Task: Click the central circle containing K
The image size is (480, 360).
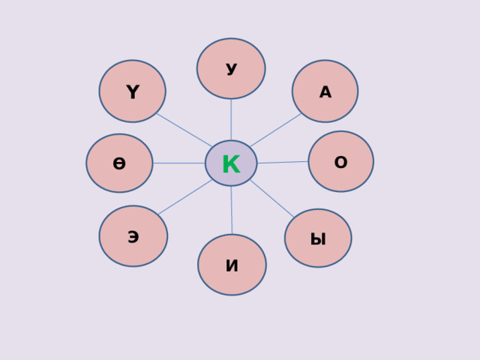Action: point(231,163)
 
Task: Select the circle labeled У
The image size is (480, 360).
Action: point(231,68)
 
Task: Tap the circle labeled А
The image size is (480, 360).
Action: point(325,91)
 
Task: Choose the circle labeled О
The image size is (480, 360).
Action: point(340,161)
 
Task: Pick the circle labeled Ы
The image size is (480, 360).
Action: point(318,238)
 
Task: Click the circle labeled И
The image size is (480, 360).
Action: point(232,265)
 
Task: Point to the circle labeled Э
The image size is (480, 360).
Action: point(133,236)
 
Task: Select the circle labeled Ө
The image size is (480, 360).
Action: point(119,163)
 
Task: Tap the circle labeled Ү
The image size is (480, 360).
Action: point(132,91)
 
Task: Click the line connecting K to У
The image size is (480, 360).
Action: point(231,119)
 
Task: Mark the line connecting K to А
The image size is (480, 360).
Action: point(275,130)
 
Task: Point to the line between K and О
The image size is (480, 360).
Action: point(283,162)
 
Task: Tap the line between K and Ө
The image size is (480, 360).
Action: point(178,163)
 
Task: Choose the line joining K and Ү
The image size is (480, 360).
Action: point(184,130)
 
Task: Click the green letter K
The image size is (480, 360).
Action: point(231,163)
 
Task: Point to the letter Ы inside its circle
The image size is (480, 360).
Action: point(318,240)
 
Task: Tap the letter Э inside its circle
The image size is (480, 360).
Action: point(133,238)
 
